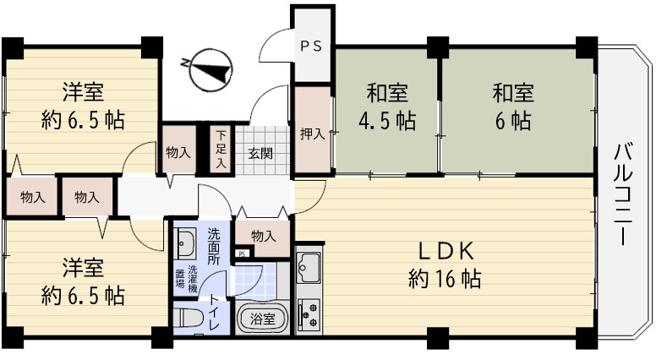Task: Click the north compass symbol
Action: (208, 70)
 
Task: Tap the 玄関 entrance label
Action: (260, 154)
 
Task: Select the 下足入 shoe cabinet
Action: (221, 150)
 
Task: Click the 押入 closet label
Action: (312, 134)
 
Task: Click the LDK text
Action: (446, 252)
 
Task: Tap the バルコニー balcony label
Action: (623, 195)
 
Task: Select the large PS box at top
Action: (312, 45)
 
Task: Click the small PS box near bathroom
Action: (243, 254)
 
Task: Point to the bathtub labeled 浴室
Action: (262, 319)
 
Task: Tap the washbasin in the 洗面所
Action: (185, 243)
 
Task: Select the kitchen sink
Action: (309, 267)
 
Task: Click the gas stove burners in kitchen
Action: (309, 314)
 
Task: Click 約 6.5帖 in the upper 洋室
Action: (83, 120)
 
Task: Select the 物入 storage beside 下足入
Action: (178, 150)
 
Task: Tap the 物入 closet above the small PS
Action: (263, 237)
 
